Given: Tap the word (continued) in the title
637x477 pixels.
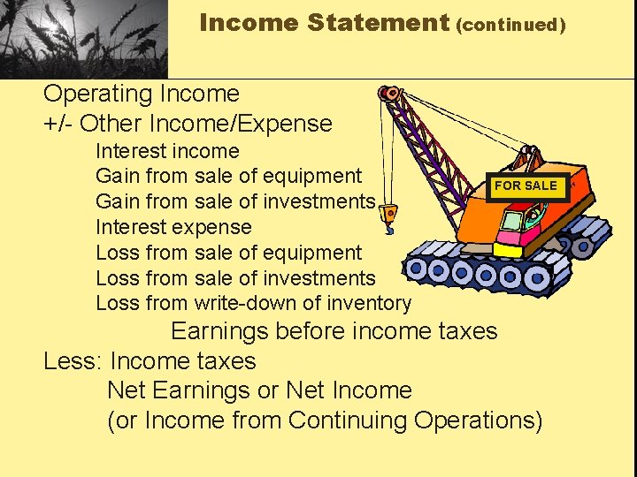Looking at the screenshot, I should click(511, 25).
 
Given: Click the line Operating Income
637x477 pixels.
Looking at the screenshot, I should click(142, 94).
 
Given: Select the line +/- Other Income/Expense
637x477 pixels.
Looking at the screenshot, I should click(188, 124).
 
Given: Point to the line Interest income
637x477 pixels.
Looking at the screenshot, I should click(167, 152).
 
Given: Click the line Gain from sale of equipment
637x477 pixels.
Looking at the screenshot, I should click(228, 177).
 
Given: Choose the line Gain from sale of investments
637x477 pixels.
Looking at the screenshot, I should click(235, 202).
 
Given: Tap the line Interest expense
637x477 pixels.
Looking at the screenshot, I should click(173, 227).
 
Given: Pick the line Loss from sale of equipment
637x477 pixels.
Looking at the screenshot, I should click(228, 253).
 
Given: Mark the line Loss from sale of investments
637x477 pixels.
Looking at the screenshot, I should click(235, 278).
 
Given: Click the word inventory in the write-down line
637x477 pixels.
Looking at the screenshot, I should click(369, 304).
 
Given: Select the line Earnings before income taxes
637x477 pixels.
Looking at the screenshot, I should click(334, 332).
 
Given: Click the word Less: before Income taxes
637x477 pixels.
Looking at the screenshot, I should click(73, 361).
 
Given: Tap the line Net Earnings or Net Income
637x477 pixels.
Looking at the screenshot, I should click(259, 390).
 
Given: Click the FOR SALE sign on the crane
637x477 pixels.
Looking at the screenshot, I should click(526, 185).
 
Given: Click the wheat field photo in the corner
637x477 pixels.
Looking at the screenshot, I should click(83, 38).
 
